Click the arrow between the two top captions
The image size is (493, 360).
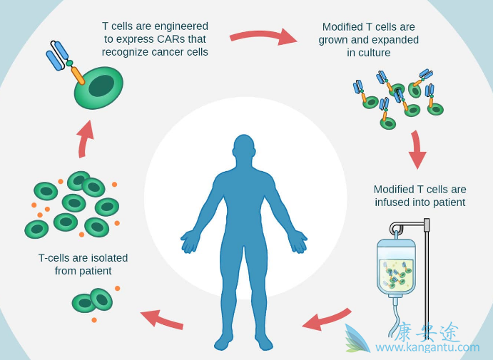click(263, 36)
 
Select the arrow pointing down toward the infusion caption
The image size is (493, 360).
click(417, 150)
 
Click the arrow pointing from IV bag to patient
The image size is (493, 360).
click(327, 319)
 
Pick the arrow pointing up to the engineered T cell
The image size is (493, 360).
click(85, 138)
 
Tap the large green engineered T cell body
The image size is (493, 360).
click(99, 88)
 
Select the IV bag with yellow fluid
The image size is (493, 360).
click(396, 267)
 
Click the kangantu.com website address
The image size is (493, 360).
click(427, 347)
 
